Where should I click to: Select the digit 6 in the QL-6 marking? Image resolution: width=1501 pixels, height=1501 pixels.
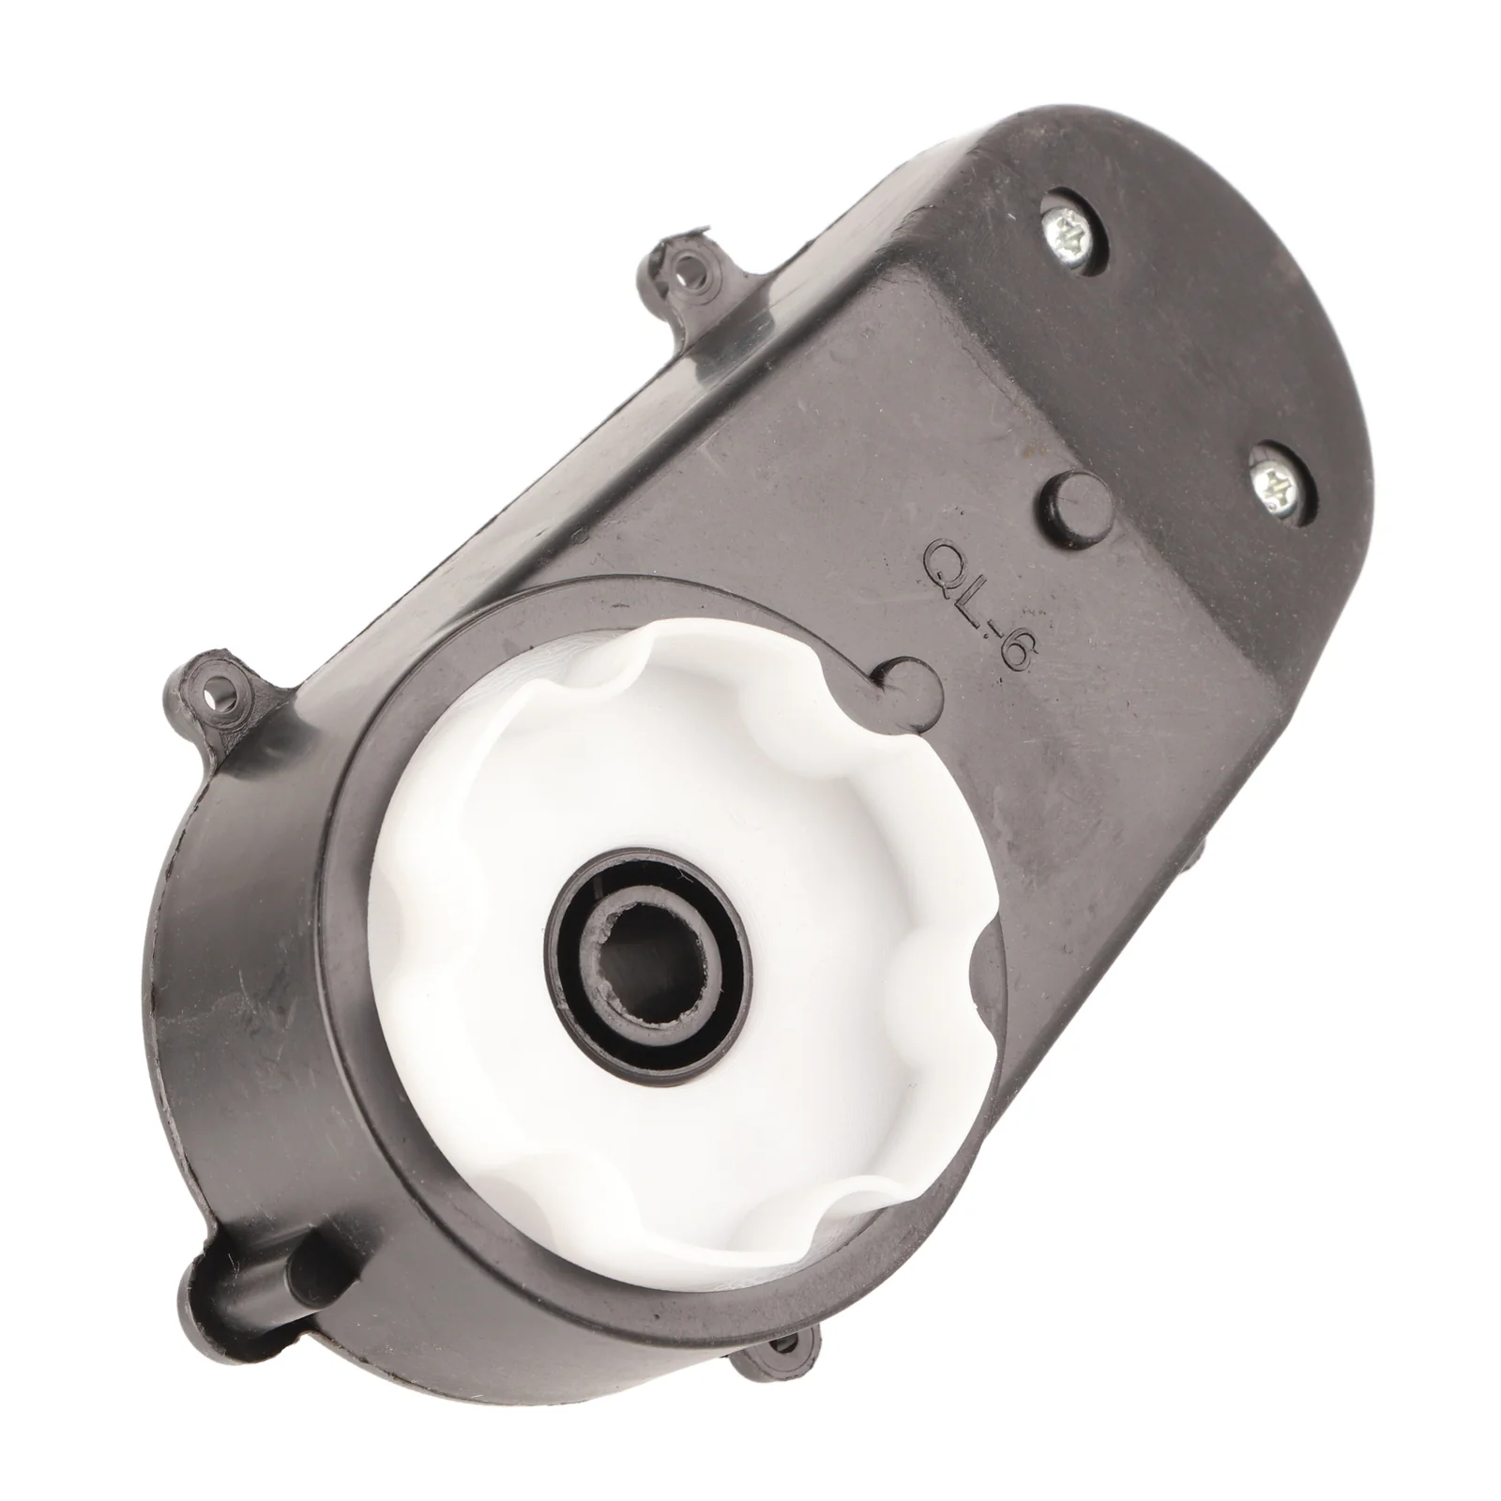[x=1011, y=653]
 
